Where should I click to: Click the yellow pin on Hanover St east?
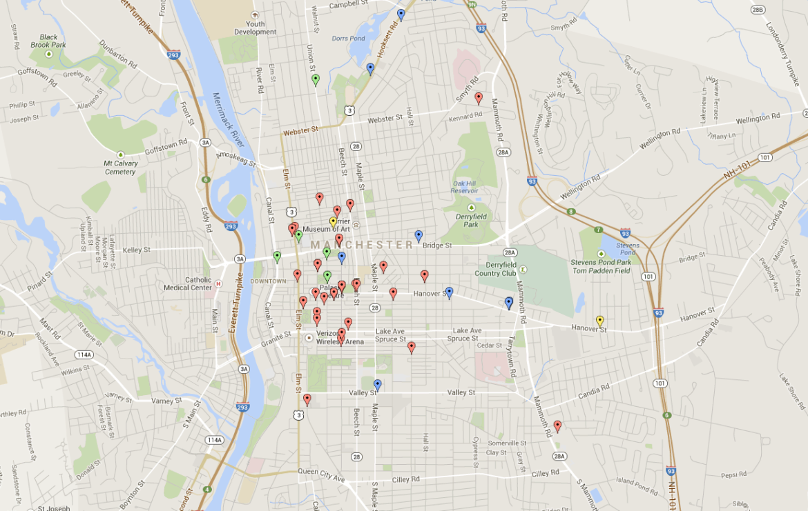(x=599, y=321)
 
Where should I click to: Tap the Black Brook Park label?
(x=48, y=41)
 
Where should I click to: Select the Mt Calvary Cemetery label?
(x=121, y=168)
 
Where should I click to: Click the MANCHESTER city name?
(x=362, y=245)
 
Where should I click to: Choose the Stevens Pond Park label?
(x=600, y=262)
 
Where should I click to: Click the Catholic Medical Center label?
(x=188, y=283)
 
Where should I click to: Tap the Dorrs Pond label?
(x=348, y=39)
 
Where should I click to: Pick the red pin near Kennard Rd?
(x=479, y=98)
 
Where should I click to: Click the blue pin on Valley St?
(x=377, y=385)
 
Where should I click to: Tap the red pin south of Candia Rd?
(x=557, y=425)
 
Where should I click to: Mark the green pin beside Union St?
(x=316, y=79)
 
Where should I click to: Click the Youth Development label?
(x=255, y=28)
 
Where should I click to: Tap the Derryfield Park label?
(x=471, y=220)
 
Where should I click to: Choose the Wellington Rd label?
(x=659, y=137)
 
